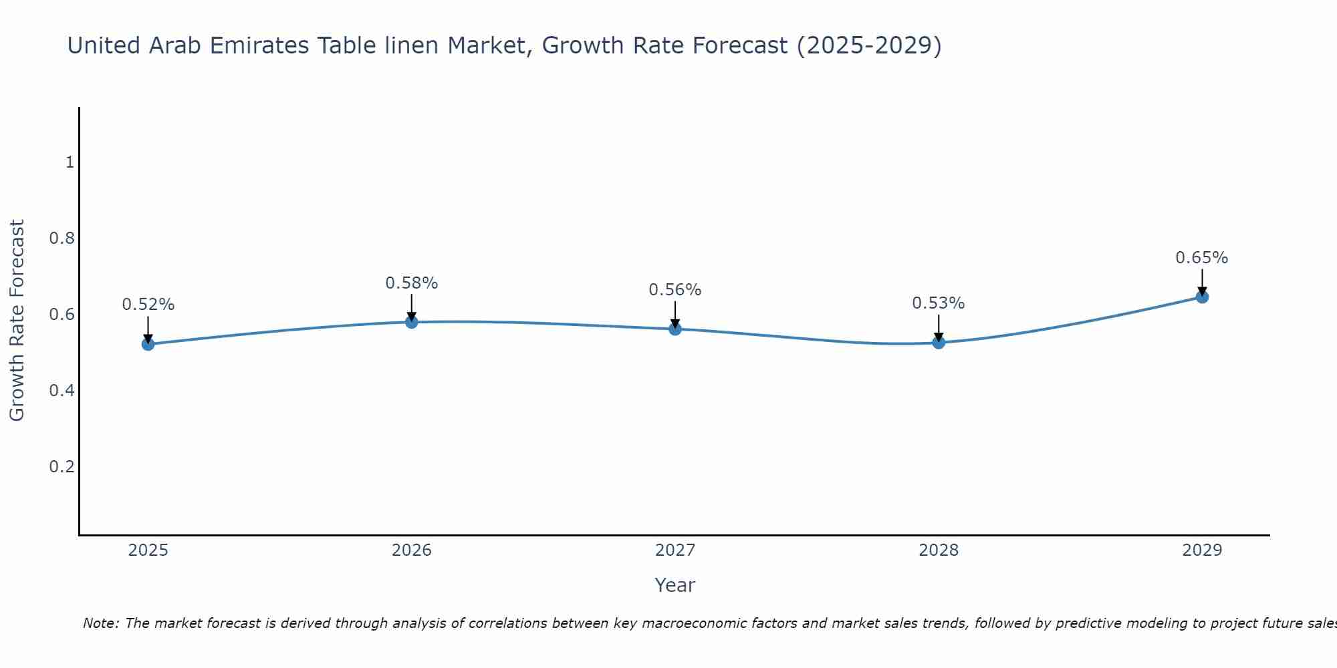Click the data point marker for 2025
[148, 344]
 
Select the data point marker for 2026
[412, 322]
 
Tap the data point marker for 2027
[675, 329]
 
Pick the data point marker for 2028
[939, 343]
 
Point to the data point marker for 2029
[1202, 297]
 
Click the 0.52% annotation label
[148, 305]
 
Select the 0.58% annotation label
[412, 283]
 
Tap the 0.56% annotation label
[675, 290]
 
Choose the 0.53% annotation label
[939, 303]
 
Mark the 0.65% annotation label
[1202, 258]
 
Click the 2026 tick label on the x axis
[412, 550]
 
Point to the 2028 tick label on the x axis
[939, 550]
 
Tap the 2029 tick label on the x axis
[1202, 550]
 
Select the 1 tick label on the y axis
[70, 162]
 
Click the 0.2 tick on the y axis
[62, 466]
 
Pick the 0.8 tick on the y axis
[62, 238]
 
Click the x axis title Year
[675, 585]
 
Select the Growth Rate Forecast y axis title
[17, 321]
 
